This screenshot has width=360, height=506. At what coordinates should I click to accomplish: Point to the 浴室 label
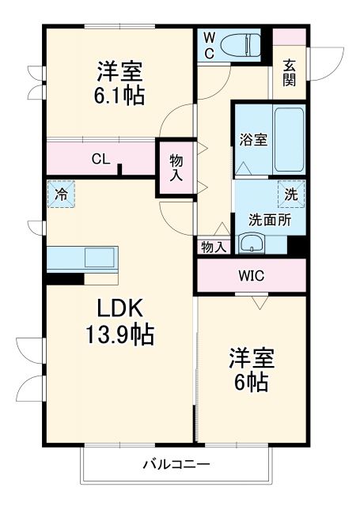pos(253,141)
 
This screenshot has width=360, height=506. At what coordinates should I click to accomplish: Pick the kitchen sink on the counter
pos(100,258)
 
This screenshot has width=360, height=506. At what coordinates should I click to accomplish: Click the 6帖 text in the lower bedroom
pos(252,383)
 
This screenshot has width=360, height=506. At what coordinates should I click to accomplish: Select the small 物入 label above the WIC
pos(214,247)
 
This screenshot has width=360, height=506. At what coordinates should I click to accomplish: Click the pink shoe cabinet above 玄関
pos(289,36)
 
